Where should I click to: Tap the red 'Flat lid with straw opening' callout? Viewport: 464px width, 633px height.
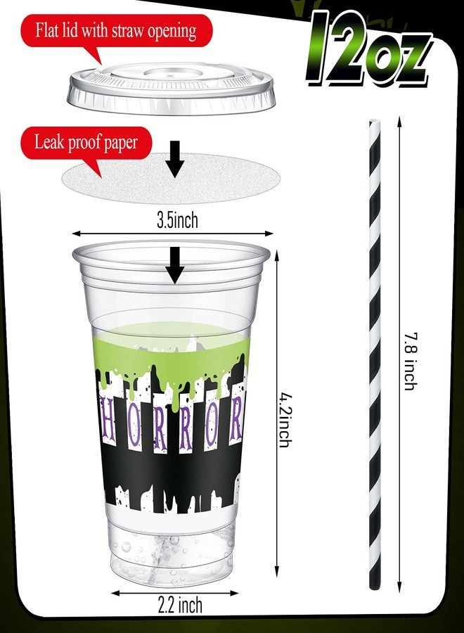tap(116, 32)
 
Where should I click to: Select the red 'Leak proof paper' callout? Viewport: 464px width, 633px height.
tap(86, 143)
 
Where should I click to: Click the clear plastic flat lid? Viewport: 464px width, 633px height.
tap(171, 88)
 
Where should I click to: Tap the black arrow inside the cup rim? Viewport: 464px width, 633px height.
tap(174, 265)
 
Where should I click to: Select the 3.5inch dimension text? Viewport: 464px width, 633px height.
tap(178, 220)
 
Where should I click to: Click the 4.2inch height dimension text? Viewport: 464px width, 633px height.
tap(285, 421)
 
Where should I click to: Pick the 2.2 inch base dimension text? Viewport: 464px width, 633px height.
tap(179, 605)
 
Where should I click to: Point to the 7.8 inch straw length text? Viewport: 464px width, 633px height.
tap(411, 362)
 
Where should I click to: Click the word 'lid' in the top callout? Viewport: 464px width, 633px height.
tap(72, 30)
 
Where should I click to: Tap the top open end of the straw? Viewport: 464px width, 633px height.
tap(375, 121)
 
